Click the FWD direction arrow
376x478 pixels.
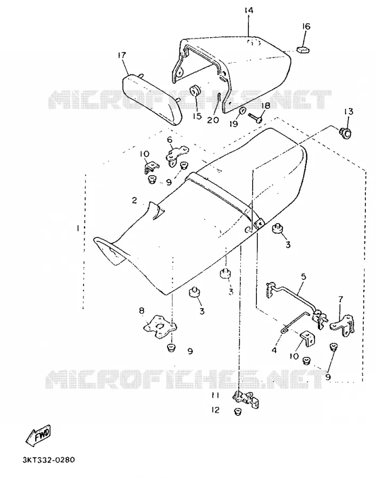click(38, 435)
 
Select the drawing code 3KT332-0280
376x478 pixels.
click(48, 459)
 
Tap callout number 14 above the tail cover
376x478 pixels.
click(249, 11)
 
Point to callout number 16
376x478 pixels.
click(306, 26)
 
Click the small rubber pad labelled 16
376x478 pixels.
click(303, 49)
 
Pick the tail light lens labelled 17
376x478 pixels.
click(153, 99)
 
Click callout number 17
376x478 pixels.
click(121, 55)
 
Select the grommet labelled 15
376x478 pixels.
click(195, 91)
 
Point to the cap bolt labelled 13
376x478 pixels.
click(346, 133)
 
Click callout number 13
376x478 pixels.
click(348, 112)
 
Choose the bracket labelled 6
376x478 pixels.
click(177, 156)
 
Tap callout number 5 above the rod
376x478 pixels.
click(303, 277)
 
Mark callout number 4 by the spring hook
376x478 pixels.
click(274, 351)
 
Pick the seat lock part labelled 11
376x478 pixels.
click(247, 400)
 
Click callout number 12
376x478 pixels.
click(215, 410)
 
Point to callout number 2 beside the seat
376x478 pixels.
click(134, 200)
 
